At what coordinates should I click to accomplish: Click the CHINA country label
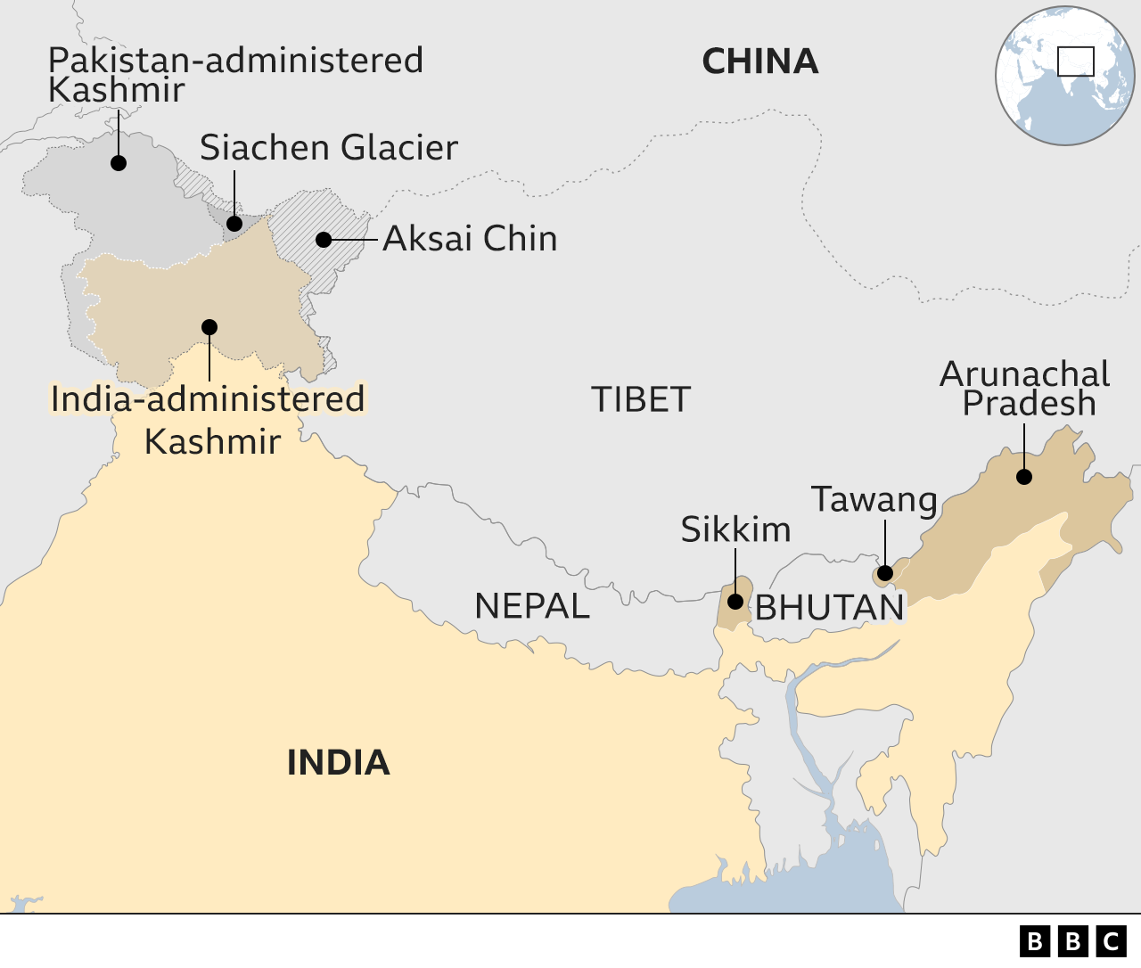pyautogui.click(x=759, y=62)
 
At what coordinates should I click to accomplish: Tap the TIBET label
pyautogui.click(x=641, y=399)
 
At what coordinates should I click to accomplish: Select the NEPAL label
pyautogui.click(x=532, y=606)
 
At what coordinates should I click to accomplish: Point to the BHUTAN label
pyautogui.click(x=830, y=608)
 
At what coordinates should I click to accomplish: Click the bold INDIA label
pyautogui.click(x=338, y=763)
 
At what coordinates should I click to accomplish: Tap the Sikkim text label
pyautogui.click(x=735, y=530)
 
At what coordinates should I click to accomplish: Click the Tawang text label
pyautogui.click(x=874, y=500)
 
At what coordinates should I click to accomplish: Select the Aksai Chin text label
pyautogui.click(x=470, y=239)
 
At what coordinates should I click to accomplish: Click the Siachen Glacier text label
pyautogui.click(x=328, y=148)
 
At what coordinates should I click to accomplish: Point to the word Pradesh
pyautogui.click(x=1029, y=403)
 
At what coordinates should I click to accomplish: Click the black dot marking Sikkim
pyautogui.click(x=735, y=602)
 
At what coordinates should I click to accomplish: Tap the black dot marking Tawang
pyautogui.click(x=885, y=573)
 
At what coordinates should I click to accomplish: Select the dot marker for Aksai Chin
pyautogui.click(x=324, y=240)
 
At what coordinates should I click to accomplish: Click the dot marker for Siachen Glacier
pyautogui.click(x=234, y=224)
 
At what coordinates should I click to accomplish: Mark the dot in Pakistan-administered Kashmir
pyautogui.click(x=119, y=163)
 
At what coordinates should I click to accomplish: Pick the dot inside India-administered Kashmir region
pyautogui.click(x=209, y=327)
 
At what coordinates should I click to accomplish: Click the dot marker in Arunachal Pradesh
pyautogui.click(x=1024, y=477)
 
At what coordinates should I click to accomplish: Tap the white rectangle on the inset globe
pyautogui.click(x=1075, y=62)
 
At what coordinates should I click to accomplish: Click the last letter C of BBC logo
pyautogui.click(x=1112, y=941)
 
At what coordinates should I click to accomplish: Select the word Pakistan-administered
pyautogui.click(x=235, y=61)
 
